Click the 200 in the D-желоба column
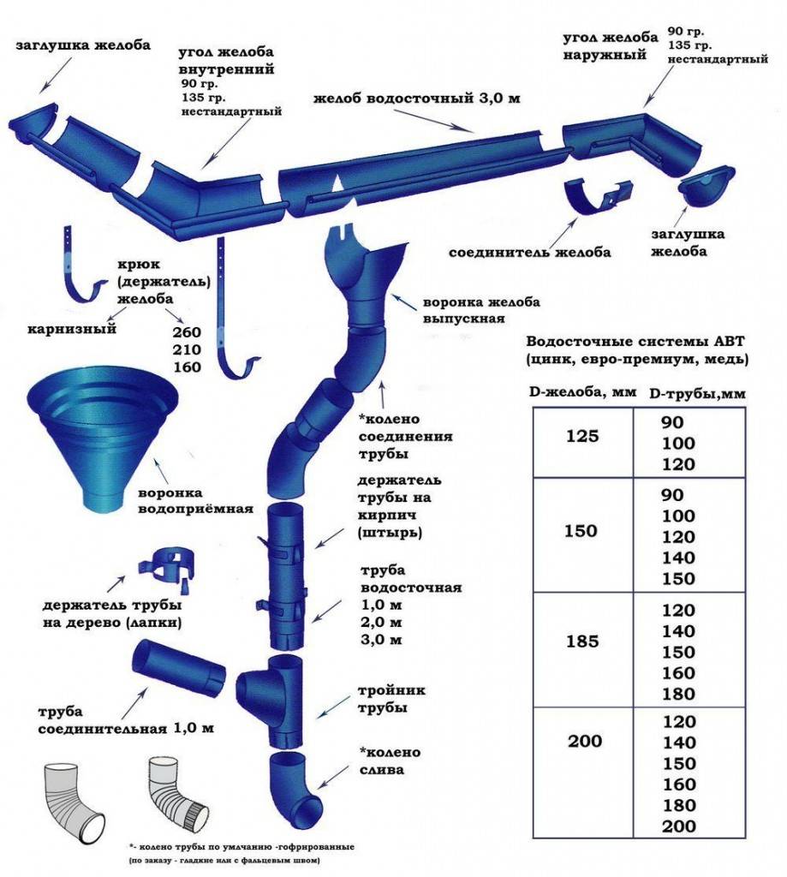pyautogui.click(x=585, y=741)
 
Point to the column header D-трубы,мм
pyautogui.click(x=697, y=394)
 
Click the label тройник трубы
pyautogui.click(x=391, y=699)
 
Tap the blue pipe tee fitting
pyautogui.click(x=270, y=701)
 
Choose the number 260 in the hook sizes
pyautogui.click(x=187, y=332)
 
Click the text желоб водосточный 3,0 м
pyautogui.click(x=417, y=98)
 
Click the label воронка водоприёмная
pyautogui.click(x=195, y=501)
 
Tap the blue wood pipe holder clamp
pyautogui.click(x=169, y=569)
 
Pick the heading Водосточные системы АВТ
pyautogui.click(x=635, y=342)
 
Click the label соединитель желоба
pyautogui.click(x=530, y=253)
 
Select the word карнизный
pyautogui.click(x=72, y=328)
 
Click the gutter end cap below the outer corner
pyautogui.click(x=707, y=188)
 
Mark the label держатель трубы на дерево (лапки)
pyautogui.click(x=112, y=614)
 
